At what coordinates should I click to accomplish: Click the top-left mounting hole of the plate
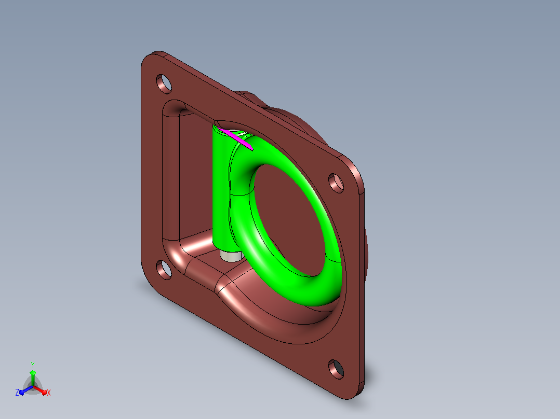[164, 84]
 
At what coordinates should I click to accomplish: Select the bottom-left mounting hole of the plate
[164, 270]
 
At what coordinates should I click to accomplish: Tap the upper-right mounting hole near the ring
[336, 183]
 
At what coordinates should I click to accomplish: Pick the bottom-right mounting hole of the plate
[336, 369]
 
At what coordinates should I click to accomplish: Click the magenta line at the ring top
[237, 139]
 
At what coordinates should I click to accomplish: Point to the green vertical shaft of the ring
[221, 189]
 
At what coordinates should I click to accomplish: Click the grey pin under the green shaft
[230, 256]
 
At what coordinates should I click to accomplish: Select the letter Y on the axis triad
[33, 365]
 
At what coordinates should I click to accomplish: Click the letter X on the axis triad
[49, 393]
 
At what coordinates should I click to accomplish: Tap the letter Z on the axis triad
[17, 393]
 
